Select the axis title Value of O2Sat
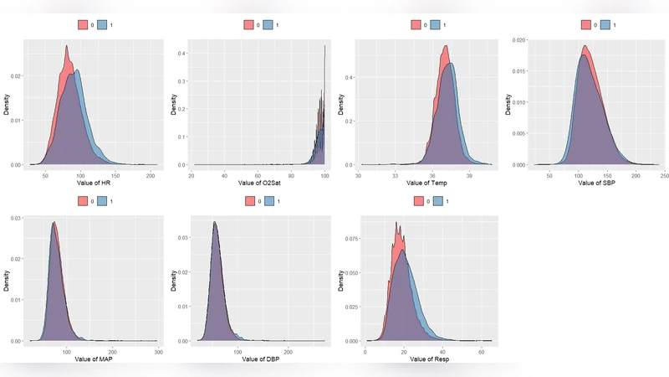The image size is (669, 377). click(x=260, y=182)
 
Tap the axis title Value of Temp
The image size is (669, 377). click(x=426, y=182)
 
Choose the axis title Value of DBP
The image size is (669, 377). click(x=260, y=359)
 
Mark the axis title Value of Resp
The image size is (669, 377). click(x=426, y=359)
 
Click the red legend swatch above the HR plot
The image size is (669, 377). click(x=84, y=25)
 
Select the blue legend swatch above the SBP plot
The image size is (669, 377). click(x=605, y=25)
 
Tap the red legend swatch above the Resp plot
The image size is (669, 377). click(x=416, y=202)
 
